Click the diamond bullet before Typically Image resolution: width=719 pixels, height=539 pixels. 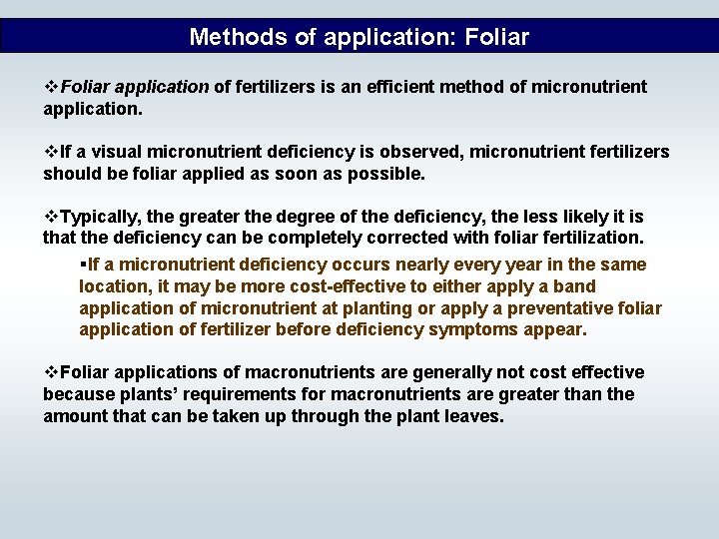click(x=51, y=217)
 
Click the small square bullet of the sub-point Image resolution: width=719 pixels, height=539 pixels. click(x=83, y=265)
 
